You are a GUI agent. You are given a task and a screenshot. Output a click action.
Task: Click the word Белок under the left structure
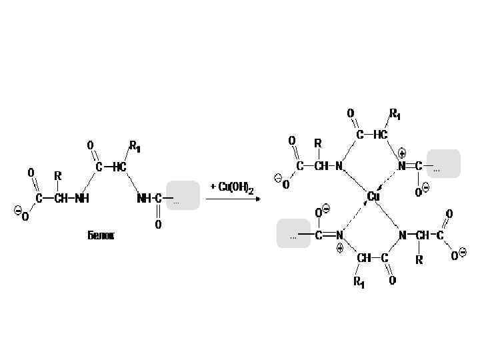101,235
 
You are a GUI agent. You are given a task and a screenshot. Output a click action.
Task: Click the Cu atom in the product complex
374,197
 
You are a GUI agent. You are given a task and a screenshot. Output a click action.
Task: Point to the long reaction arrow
231,198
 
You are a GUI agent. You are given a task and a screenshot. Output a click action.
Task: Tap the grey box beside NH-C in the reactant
183,195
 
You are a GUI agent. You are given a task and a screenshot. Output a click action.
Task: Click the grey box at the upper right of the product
443,164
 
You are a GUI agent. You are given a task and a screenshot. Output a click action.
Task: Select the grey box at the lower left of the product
293,233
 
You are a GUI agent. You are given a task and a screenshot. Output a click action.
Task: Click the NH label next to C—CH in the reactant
82,198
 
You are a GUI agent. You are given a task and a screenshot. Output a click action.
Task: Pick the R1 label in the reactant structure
135,145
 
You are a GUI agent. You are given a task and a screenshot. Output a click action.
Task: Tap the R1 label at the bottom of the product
359,282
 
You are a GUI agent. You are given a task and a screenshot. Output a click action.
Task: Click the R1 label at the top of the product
395,114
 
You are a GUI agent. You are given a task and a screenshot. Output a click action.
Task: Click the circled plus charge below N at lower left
339,247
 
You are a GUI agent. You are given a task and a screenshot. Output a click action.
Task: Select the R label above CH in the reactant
58,176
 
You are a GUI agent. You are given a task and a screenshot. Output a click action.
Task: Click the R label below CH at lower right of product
419,259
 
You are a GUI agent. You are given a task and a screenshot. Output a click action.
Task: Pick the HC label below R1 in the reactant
119,167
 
